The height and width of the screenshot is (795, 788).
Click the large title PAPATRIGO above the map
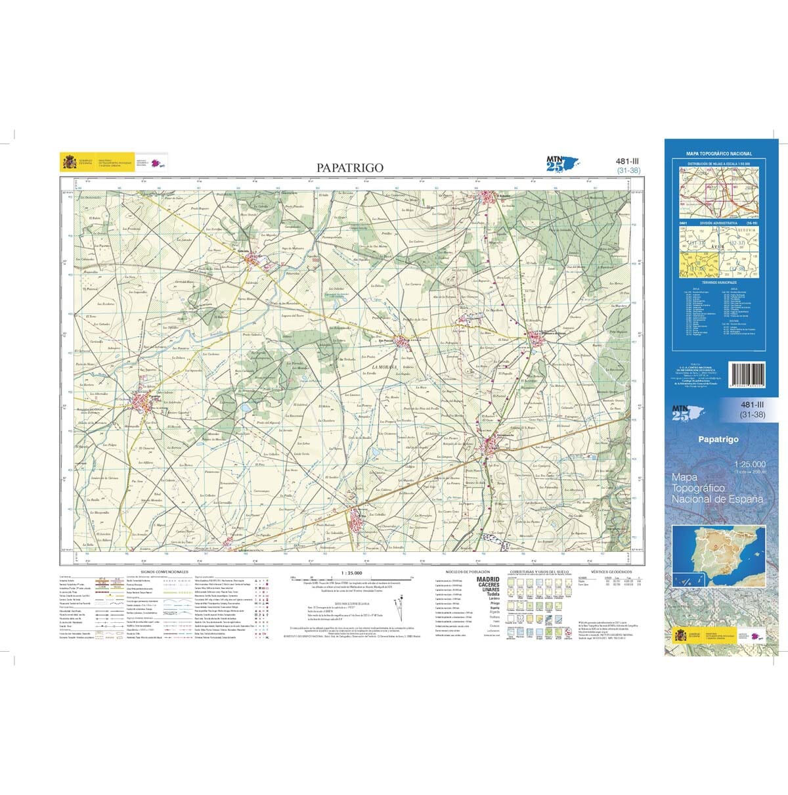(x=349, y=168)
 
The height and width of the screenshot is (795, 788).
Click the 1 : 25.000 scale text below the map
(x=351, y=572)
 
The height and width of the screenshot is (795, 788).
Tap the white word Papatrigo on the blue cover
(x=718, y=440)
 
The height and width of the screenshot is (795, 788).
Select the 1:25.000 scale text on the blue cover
(x=749, y=464)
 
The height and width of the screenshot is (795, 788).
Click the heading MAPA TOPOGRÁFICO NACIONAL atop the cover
(x=718, y=154)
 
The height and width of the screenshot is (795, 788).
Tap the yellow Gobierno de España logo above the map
(x=68, y=162)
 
